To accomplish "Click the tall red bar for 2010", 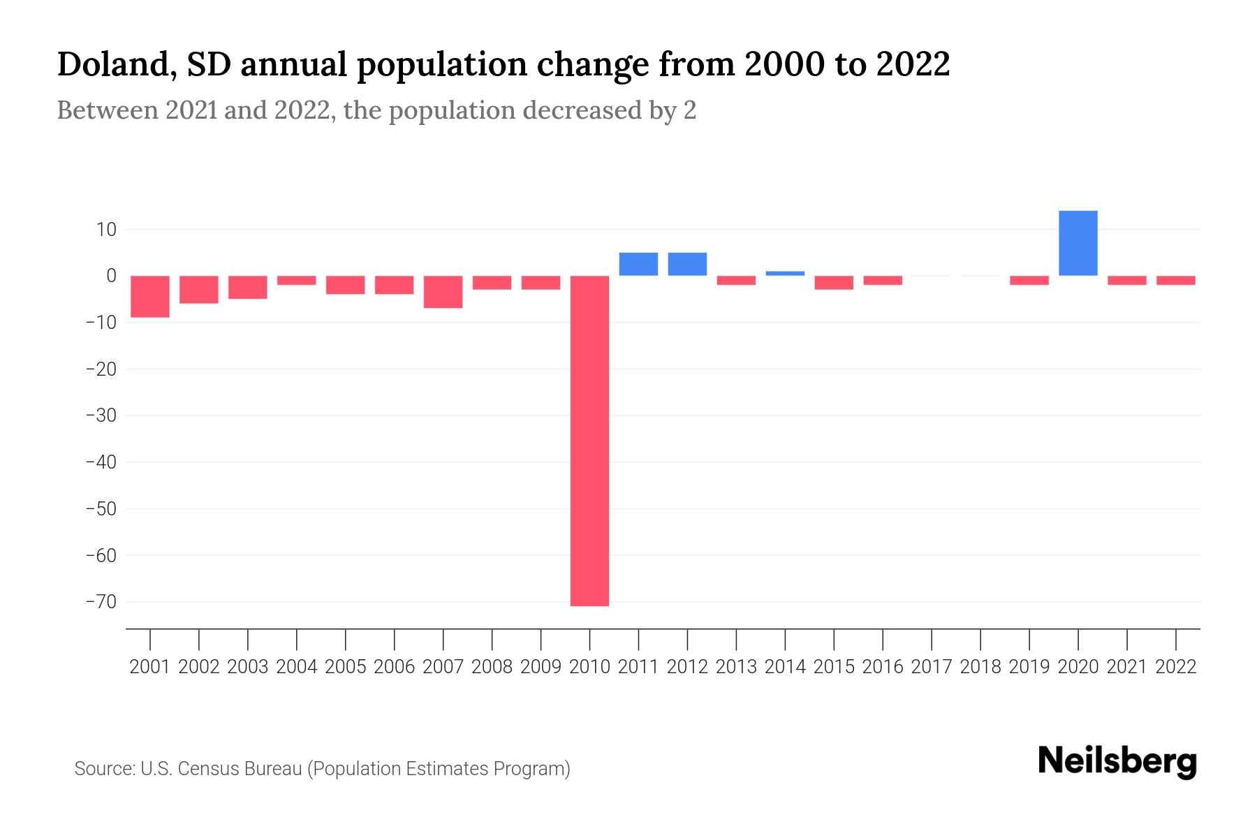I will click(589, 440).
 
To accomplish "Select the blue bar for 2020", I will click(1078, 243).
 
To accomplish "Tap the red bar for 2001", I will click(150, 296).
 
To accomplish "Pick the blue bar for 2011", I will click(638, 264).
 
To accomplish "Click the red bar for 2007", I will click(443, 292).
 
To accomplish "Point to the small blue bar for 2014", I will click(785, 273).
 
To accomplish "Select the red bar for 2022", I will click(1175, 280).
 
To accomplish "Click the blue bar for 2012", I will click(687, 264).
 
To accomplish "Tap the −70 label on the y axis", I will click(101, 601).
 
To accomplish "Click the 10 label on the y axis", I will click(106, 229).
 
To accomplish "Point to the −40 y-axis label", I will click(101, 462).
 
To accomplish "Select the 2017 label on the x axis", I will click(932, 667).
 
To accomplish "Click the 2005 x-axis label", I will click(345, 667).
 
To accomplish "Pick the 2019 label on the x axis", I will click(1029, 667).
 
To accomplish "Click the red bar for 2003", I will click(248, 287).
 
